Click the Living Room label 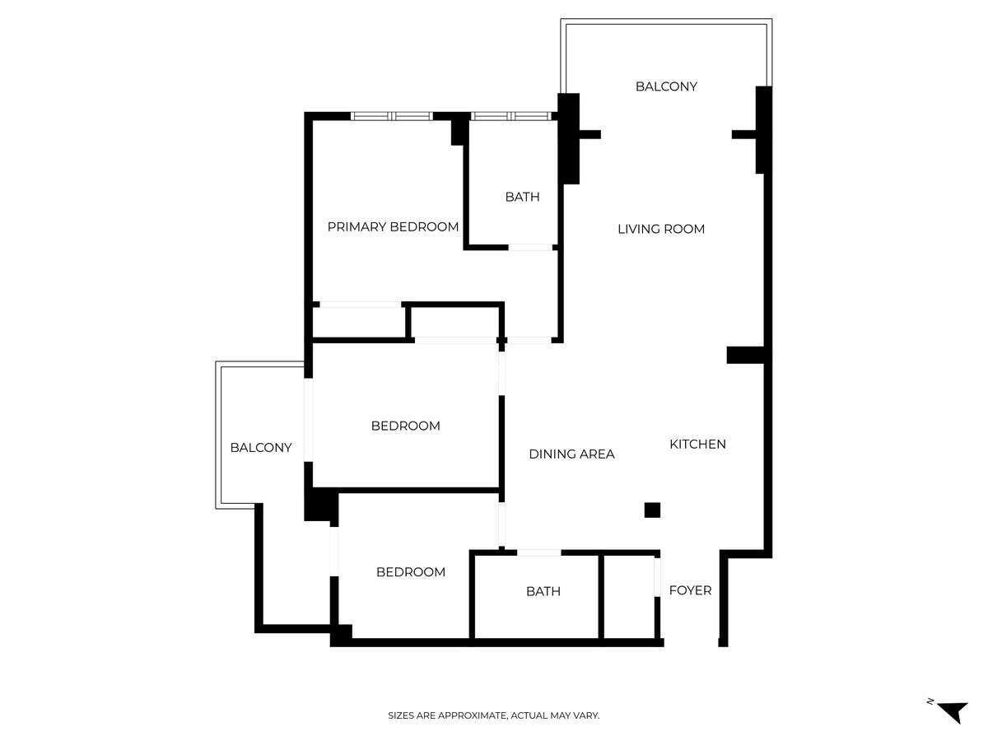[x=661, y=229]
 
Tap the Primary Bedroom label [x=393, y=226]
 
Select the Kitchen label [x=697, y=444]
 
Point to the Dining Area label [x=571, y=454]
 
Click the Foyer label [x=690, y=590]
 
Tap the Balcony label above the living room [x=666, y=86]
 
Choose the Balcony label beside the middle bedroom [x=261, y=448]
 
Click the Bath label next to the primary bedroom [x=522, y=197]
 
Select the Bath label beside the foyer [x=543, y=591]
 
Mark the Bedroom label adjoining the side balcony [x=406, y=426]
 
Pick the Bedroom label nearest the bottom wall [x=411, y=572]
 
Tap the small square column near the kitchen [x=652, y=510]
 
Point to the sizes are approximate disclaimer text [x=493, y=715]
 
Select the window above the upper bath [x=511, y=116]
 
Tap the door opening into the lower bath [x=538, y=552]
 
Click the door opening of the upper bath [x=531, y=248]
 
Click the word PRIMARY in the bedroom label [x=355, y=226]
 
